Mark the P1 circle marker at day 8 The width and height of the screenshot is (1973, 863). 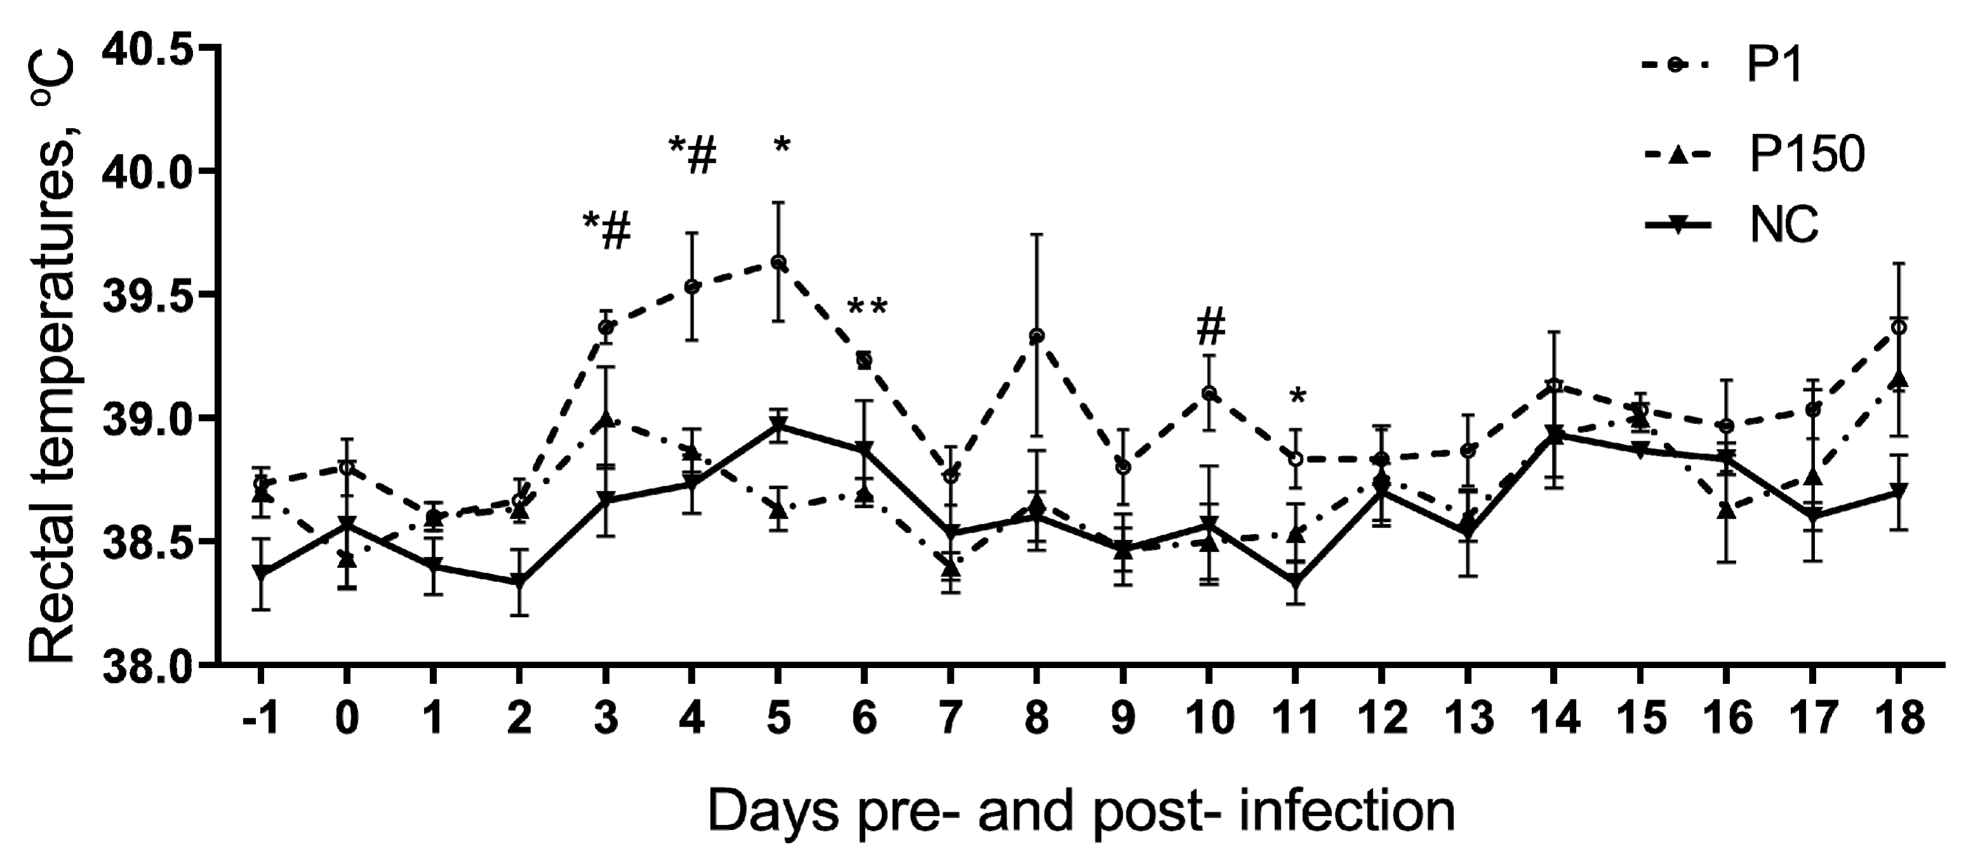[x=1036, y=335]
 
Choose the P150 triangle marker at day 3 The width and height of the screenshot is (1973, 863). [x=606, y=419]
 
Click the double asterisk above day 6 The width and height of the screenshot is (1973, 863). [x=867, y=309]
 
